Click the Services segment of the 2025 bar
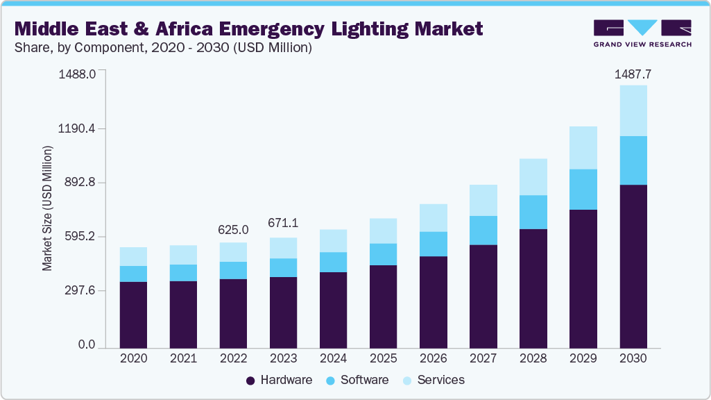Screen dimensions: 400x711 coord(383,231)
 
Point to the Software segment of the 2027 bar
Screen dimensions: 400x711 coord(483,230)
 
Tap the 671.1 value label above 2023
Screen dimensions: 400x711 coord(283,224)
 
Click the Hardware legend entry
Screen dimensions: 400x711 coord(280,380)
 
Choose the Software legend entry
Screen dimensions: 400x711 coord(357,380)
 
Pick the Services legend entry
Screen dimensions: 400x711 coord(434,380)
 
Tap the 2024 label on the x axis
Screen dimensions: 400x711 coord(333,359)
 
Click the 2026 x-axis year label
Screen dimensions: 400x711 coord(433,359)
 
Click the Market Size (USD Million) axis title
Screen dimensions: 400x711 coord(47,208)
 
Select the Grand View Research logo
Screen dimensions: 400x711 coord(642,33)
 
